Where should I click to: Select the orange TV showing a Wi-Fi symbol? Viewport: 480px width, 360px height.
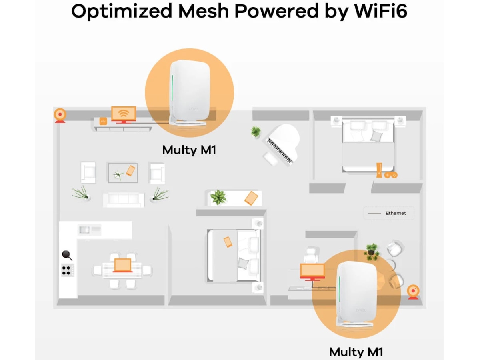(123, 114)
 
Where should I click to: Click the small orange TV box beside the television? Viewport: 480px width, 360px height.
(103, 121)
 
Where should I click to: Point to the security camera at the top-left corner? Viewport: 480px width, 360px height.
(60, 115)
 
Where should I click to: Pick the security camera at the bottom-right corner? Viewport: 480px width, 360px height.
(413, 292)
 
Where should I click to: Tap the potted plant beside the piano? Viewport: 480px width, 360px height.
(256, 131)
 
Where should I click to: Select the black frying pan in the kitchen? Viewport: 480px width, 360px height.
(67, 255)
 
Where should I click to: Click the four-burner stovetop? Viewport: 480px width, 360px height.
(67, 270)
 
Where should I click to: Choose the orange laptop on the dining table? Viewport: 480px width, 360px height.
(122, 265)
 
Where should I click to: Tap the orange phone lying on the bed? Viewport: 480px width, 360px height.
(228, 242)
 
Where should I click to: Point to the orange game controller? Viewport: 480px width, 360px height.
(391, 175)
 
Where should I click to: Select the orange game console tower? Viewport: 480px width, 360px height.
(379, 170)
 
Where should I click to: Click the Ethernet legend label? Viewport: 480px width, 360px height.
(396, 213)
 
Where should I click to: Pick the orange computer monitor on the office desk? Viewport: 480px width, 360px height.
(312, 272)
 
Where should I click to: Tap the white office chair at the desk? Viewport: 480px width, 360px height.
(310, 255)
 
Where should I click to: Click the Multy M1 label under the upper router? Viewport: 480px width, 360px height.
(189, 150)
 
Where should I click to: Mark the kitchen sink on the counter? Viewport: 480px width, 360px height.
(84, 230)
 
